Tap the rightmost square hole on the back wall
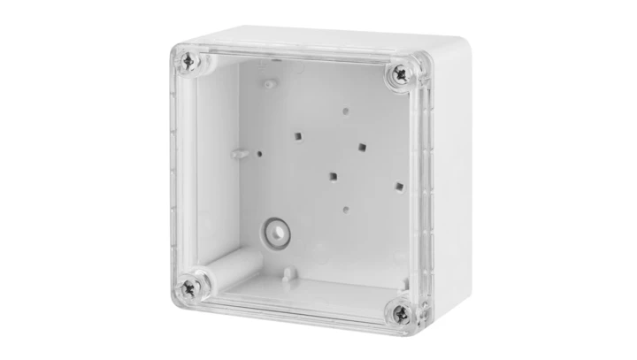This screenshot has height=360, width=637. point(400,186)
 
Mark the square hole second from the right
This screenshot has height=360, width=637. point(361,145)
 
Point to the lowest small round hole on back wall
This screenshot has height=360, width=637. point(344,210)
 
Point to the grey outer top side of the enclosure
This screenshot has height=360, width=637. point(327,41)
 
